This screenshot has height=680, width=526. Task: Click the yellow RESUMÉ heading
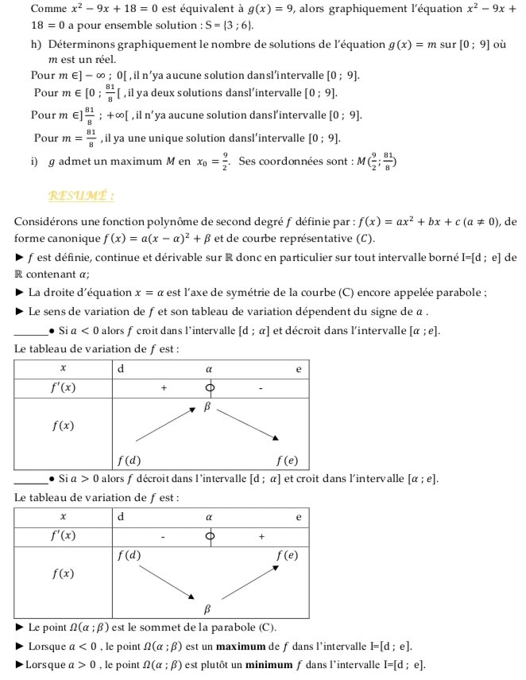(81, 195)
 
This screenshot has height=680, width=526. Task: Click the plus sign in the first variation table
(164, 388)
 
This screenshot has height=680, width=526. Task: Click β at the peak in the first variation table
(209, 406)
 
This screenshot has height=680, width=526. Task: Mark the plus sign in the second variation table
(261, 537)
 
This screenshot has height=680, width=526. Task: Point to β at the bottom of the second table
(208, 609)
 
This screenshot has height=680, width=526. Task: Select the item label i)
(34, 162)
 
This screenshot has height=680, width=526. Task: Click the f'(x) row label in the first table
(63, 388)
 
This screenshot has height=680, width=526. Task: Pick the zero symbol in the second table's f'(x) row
(210, 537)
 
